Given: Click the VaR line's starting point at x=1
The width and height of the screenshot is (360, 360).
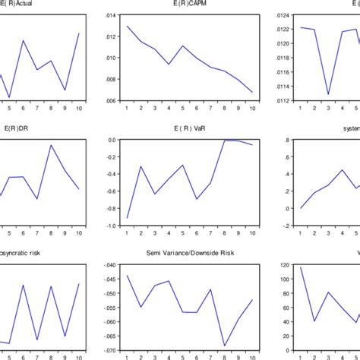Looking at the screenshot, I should click(x=127, y=218).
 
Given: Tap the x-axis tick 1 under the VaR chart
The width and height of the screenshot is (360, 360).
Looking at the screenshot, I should click(x=127, y=233).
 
